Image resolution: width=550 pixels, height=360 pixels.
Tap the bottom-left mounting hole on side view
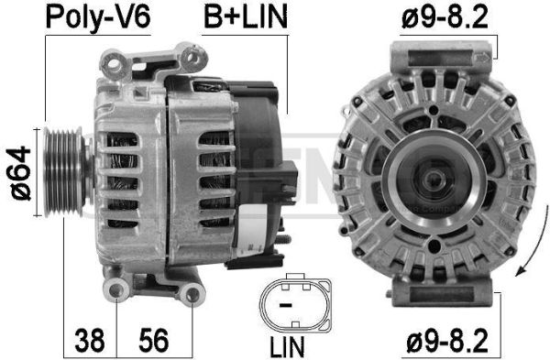pyautogui.click(x=116, y=292)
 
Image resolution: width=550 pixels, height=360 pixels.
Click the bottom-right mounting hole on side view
pyautogui.click(x=192, y=294)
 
